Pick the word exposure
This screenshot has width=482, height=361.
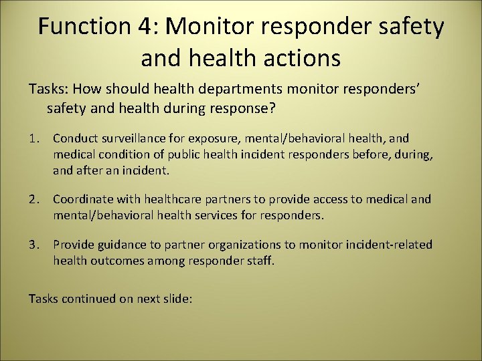tap(206, 138)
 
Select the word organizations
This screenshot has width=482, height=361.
tap(245, 245)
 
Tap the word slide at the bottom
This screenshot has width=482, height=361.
tap(177, 299)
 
